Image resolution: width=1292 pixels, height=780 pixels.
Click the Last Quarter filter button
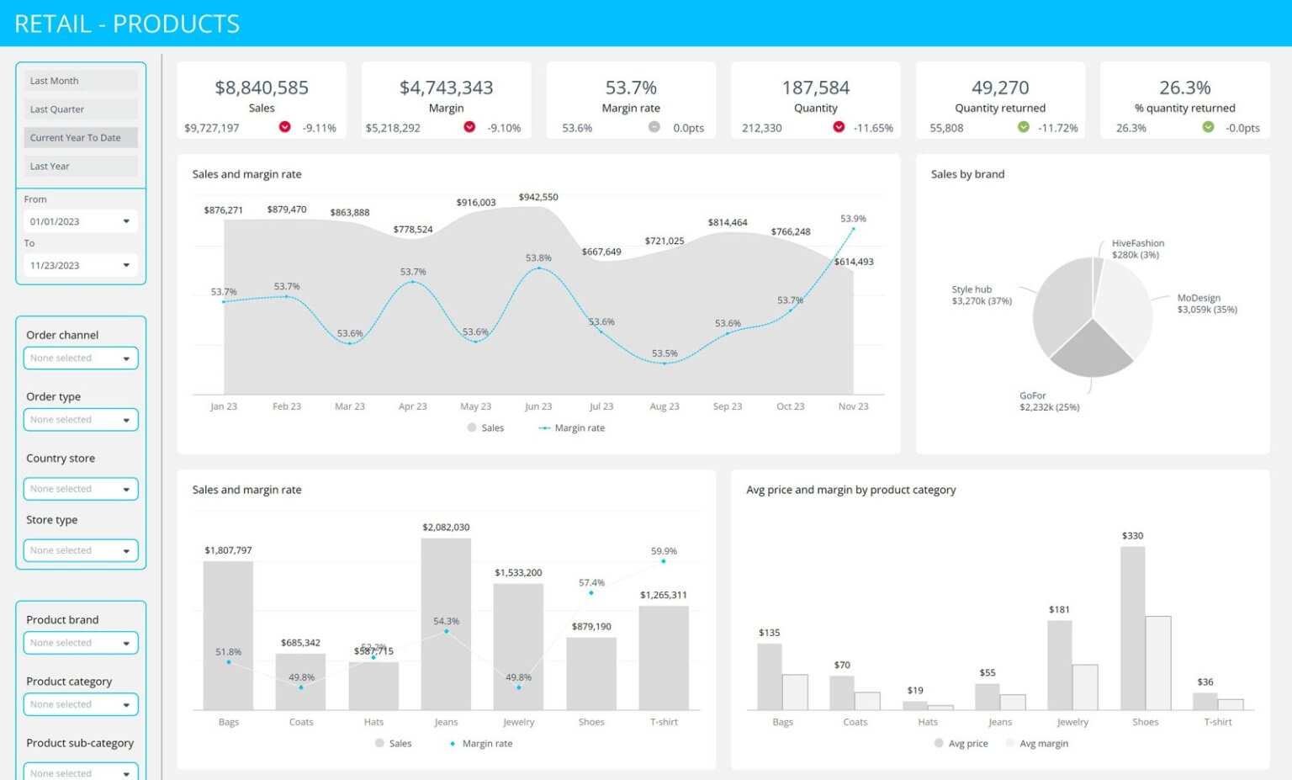[80, 109]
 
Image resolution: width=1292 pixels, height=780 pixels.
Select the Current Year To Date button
[80, 138]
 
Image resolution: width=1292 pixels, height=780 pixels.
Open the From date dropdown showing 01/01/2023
[80, 221]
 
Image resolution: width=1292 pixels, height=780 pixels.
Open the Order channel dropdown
[80, 358]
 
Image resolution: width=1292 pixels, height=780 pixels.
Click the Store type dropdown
[80, 550]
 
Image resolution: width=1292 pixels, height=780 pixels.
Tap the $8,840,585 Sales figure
[262, 88]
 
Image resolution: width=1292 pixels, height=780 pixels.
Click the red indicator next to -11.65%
[839, 127]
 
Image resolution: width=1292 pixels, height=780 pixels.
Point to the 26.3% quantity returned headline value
[1184, 88]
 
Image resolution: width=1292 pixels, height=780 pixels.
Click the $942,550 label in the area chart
[538, 197]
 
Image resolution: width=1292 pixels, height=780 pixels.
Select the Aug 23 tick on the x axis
[665, 406]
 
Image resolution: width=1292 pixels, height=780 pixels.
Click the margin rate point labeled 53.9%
[853, 229]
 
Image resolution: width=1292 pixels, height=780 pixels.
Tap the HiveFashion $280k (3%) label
[1137, 249]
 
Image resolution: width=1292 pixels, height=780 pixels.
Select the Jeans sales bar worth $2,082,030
[446, 623]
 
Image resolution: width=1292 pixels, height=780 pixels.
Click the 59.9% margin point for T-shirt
[664, 561]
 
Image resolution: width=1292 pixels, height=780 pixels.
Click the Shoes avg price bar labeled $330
[1132, 627]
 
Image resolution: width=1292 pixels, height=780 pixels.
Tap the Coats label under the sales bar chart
[301, 722]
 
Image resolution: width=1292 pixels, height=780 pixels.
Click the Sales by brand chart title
[967, 174]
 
